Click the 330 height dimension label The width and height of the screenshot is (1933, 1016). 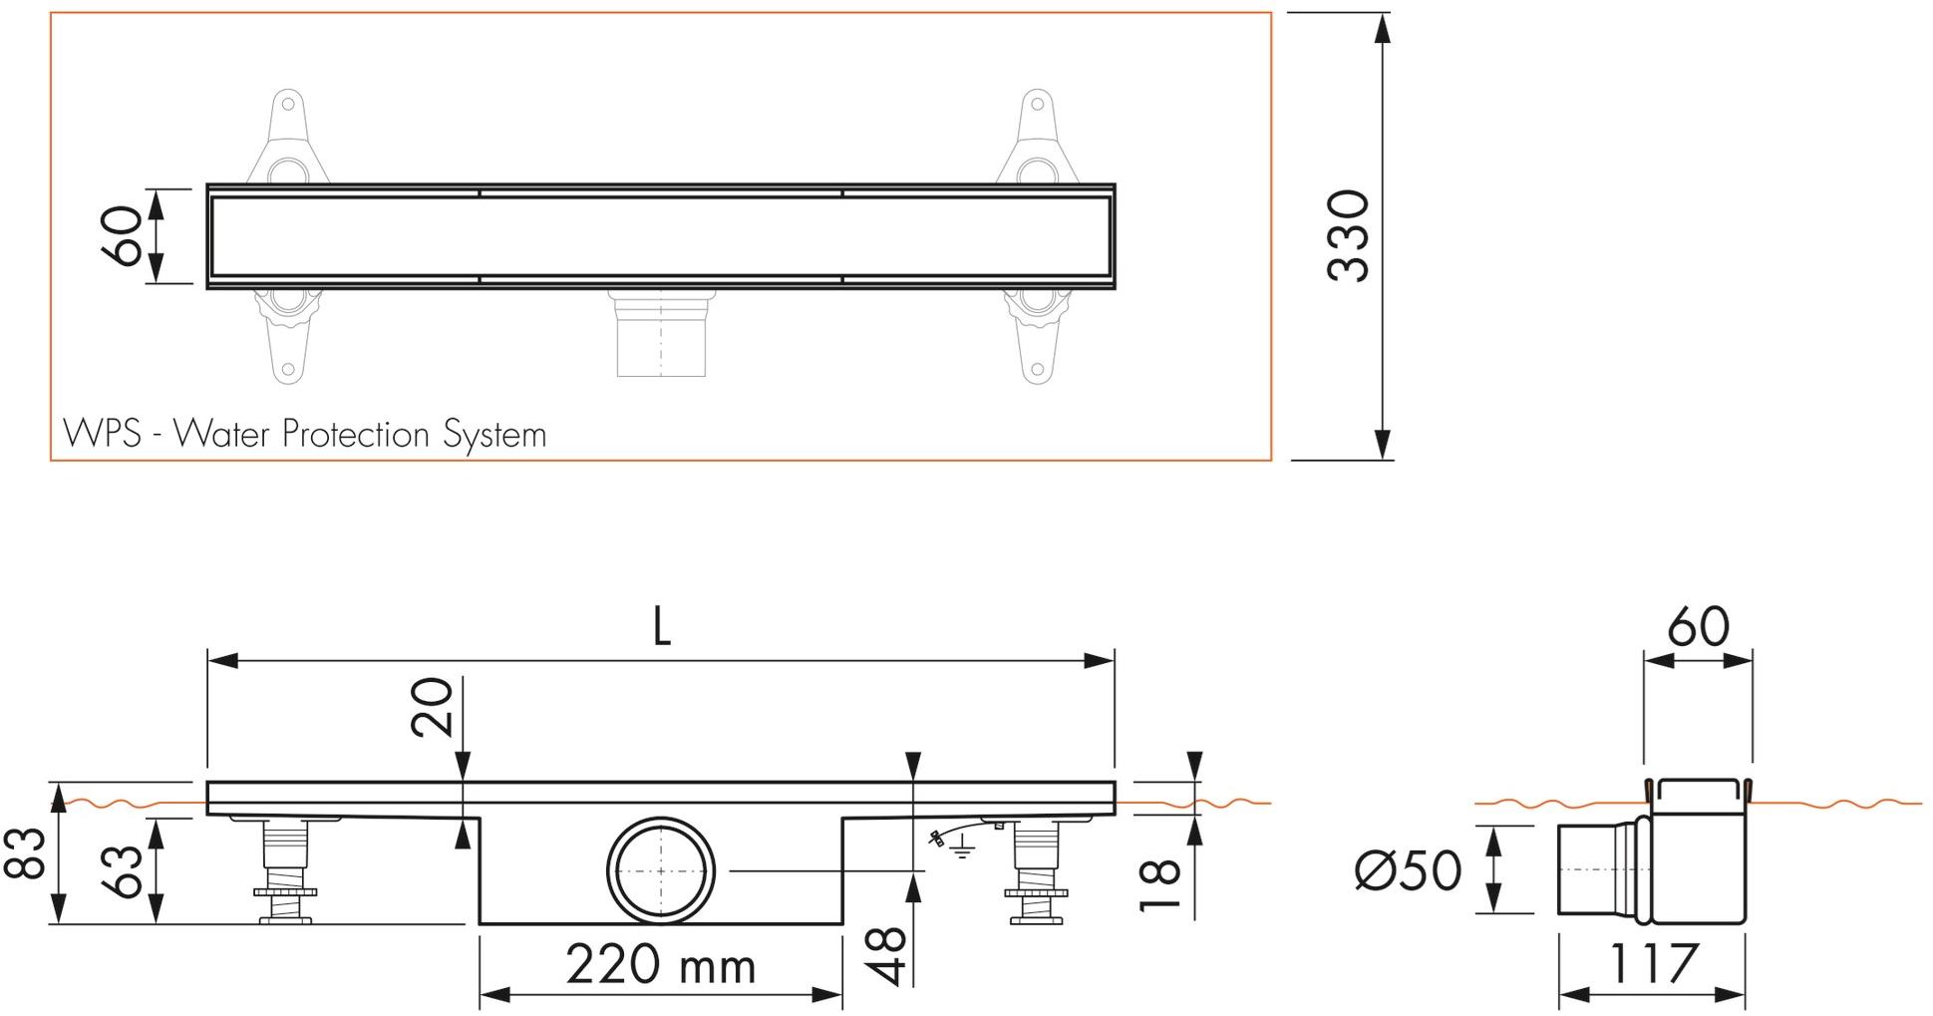click(1350, 235)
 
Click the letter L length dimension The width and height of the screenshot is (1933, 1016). click(661, 627)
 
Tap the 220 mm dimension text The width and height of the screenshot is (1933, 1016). click(660, 964)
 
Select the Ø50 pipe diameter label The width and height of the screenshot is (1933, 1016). click(1409, 870)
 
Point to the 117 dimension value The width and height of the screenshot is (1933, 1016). click(1653, 963)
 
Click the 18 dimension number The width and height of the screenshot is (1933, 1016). click(1160, 885)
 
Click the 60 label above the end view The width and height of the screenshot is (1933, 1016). click(1698, 627)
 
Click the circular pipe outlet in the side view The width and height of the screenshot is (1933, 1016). click(661, 870)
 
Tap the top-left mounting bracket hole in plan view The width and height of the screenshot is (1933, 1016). click(287, 103)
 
